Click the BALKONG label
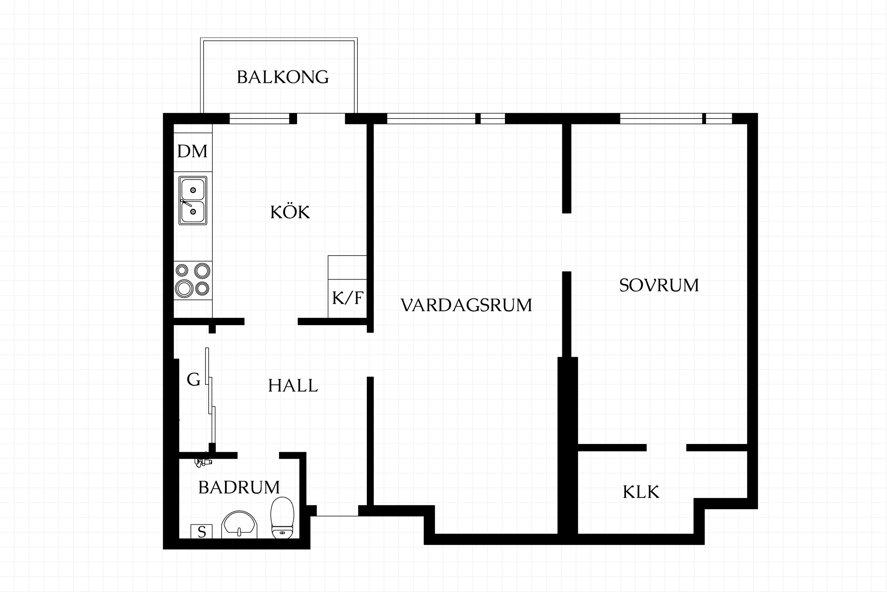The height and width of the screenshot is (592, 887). pos(283,77)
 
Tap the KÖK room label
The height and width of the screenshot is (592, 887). pos(290,212)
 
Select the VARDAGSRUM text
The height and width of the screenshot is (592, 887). pos(466,305)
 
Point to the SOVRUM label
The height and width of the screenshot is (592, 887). pos(659,285)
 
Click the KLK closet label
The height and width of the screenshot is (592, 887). pos(641,492)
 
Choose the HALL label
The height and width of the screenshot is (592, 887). pos(293,386)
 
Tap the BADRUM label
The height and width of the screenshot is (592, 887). pos(239,487)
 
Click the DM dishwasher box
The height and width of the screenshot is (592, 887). pos(193,151)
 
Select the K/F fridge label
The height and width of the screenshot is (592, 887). pos(347,298)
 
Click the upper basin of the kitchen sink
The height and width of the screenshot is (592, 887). pos(193,190)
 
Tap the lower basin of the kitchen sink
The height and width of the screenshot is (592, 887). pos(193,212)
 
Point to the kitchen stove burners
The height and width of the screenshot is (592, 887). pos(193,280)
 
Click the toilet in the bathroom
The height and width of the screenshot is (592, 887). pos(282,518)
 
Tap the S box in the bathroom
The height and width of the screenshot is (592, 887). pos(201,532)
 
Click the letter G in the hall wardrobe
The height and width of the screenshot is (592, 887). pos(194,380)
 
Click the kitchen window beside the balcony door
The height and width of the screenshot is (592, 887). pos(260,118)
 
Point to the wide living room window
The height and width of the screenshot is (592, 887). pos(431,118)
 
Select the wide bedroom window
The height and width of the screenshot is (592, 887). pos(661,118)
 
